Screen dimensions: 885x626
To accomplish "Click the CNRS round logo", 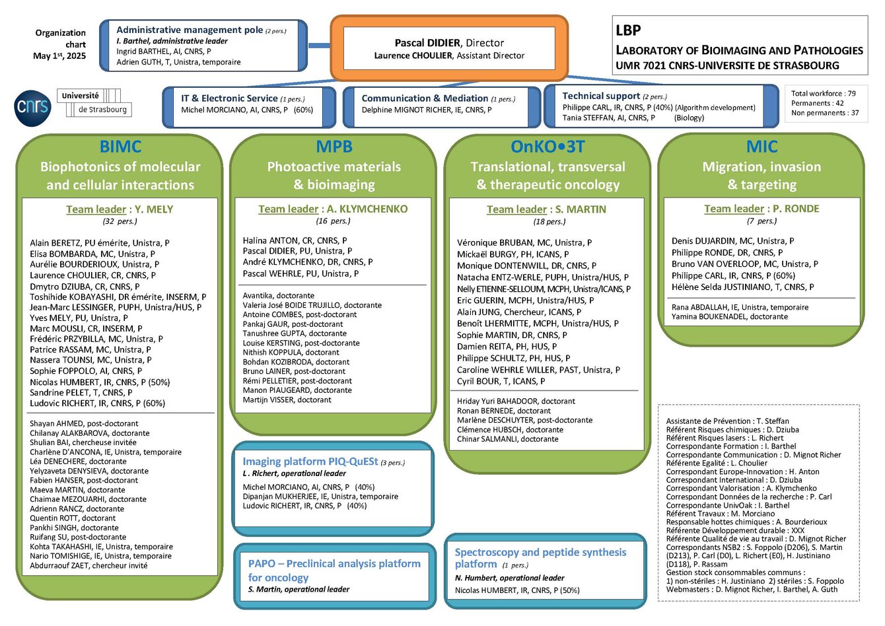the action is (x=32, y=108).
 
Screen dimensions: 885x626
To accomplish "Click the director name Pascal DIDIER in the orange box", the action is (x=427, y=43).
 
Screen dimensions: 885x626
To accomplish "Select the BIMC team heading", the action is (x=120, y=147).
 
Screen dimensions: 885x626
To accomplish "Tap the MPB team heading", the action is (x=334, y=147).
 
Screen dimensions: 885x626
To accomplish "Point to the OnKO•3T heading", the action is (x=548, y=147).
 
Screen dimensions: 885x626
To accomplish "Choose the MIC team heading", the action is (x=761, y=147).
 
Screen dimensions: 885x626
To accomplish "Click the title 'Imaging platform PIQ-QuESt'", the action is (x=310, y=462).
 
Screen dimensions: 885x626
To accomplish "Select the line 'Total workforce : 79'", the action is (x=824, y=94).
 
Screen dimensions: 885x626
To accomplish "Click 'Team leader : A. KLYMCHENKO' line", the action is (x=333, y=209).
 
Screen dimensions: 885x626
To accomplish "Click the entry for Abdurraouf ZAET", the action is (x=88, y=565).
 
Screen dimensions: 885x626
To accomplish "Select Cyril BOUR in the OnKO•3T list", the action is (x=478, y=381).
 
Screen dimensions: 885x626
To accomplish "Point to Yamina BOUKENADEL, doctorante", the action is (x=730, y=317).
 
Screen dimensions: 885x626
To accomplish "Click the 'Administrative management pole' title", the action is (x=190, y=30).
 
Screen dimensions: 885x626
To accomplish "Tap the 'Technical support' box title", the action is (x=601, y=96).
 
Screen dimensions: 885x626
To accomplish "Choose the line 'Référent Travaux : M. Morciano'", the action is (x=721, y=514).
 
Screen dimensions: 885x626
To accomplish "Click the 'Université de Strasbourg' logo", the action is (x=94, y=103).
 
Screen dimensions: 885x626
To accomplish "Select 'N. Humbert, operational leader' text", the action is (x=510, y=578).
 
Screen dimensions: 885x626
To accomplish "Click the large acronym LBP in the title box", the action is (x=628, y=30).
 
